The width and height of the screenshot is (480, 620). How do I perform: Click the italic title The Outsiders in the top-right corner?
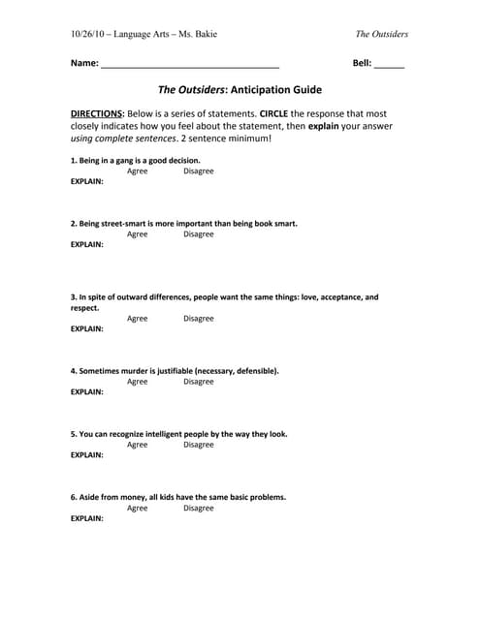tap(381, 34)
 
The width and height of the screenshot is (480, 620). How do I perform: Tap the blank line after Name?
tap(190, 64)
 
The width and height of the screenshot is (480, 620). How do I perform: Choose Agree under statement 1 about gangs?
tap(138, 171)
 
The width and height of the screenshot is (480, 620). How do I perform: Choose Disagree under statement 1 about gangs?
tap(199, 171)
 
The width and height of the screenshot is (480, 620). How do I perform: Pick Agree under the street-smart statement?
tap(138, 234)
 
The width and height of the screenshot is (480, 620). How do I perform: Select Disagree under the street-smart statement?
tap(199, 234)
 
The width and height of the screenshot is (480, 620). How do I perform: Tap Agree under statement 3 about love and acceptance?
tap(138, 319)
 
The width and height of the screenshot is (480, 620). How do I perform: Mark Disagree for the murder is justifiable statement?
tap(199, 382)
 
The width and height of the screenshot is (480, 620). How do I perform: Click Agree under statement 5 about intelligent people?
tap(138, 445)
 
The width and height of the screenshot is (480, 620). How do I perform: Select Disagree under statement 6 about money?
tap(199, 508)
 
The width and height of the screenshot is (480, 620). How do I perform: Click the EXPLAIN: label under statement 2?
tap(87, 245)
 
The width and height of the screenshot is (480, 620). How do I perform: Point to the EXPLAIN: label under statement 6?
tap(87, 518)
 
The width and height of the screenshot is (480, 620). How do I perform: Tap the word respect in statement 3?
tap(84, 308)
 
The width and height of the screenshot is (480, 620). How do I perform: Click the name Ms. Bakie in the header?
tap(198, 34)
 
